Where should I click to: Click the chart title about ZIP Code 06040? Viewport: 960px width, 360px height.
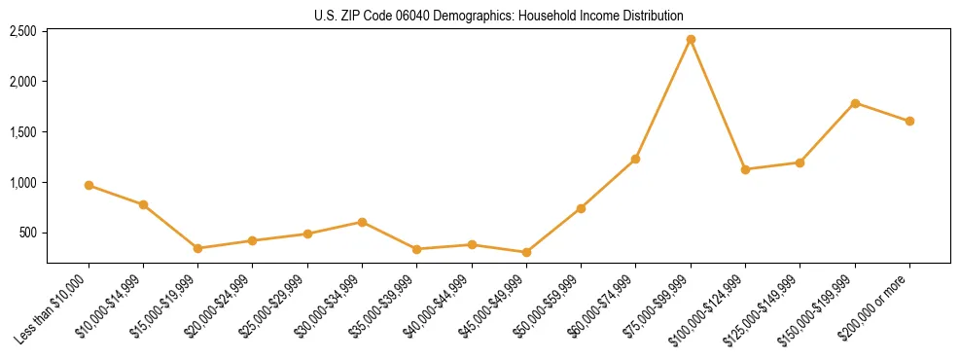(498, 16)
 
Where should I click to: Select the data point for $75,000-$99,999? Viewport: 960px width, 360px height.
(691, 40)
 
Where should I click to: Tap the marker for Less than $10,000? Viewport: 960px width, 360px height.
(89, 185)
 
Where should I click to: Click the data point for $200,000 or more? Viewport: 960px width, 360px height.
(909, 121)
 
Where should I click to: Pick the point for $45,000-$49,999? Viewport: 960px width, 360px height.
(526, 252)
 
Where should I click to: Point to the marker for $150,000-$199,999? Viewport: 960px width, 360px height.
(855, 103)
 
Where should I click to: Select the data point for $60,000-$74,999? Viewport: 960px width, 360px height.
(635, 159)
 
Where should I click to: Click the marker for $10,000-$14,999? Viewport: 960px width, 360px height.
(143, 204)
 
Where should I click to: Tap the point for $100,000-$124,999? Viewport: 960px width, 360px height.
(745, 169)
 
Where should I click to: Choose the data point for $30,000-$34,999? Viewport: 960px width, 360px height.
(362, 222)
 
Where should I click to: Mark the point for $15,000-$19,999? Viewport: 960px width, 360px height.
(197, 248)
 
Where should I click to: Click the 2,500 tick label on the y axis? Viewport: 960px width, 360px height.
(22, 31)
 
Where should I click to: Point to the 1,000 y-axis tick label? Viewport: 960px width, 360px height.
(22, 183)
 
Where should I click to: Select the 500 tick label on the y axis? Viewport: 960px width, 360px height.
(28, 234)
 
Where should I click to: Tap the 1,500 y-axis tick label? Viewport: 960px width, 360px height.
(22, 132)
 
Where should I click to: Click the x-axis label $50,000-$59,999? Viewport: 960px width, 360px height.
(550, 305)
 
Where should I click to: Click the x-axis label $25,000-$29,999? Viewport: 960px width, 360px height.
(275, 305)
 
